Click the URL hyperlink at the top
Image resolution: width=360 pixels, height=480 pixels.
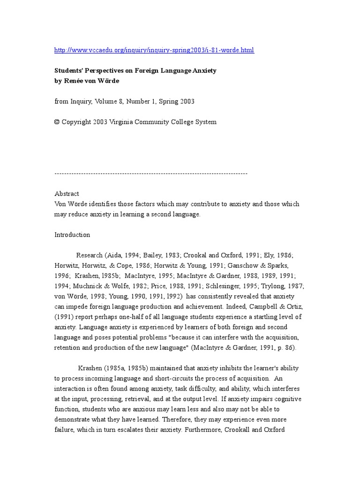tap(154, 50)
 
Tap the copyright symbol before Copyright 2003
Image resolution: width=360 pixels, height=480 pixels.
tap(57, 122)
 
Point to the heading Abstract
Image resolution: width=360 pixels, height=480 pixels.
tap(67, 194)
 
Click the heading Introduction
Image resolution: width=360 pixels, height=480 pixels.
tap(72, 235)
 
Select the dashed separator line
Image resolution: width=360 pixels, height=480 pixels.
tap(151, 173)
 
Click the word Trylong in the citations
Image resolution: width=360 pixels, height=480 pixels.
tap(290, 286)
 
